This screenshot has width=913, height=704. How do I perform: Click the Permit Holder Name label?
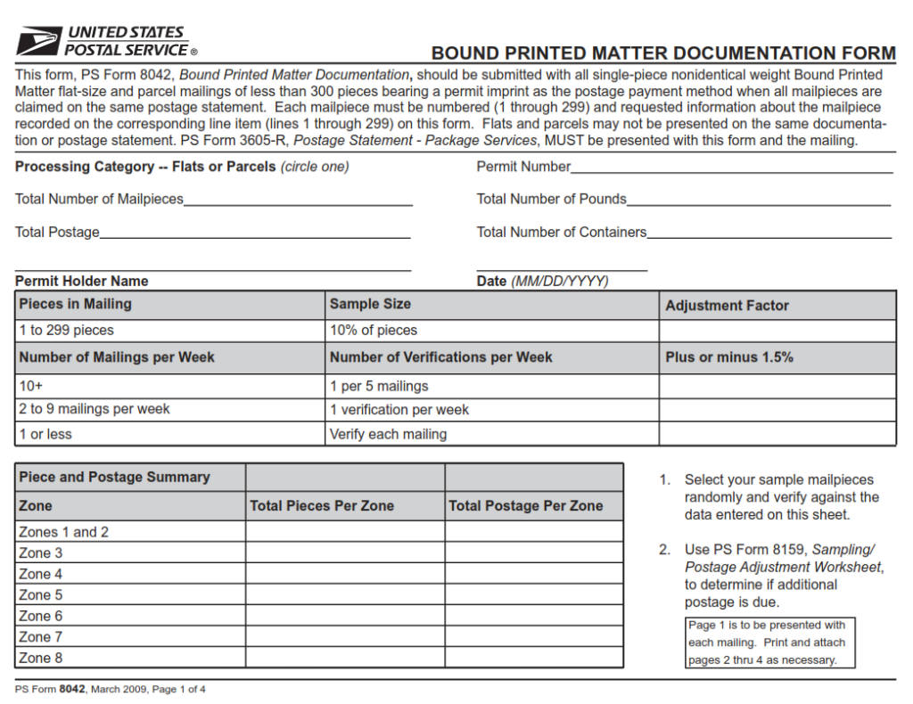82,281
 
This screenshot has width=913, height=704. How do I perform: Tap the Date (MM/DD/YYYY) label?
542,281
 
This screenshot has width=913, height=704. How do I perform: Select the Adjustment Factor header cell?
777,306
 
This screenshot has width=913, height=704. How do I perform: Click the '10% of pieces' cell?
492,331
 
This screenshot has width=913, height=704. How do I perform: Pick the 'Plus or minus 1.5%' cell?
777,357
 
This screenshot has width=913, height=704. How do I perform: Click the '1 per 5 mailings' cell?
492,386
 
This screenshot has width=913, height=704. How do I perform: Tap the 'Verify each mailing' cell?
492,434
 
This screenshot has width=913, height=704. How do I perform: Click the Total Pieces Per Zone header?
345,505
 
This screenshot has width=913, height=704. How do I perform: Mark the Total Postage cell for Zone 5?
534,594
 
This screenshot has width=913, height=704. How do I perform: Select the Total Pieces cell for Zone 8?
345,658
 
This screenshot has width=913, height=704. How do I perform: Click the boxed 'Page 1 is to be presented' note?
770,643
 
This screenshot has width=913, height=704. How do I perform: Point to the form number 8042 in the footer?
72,689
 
